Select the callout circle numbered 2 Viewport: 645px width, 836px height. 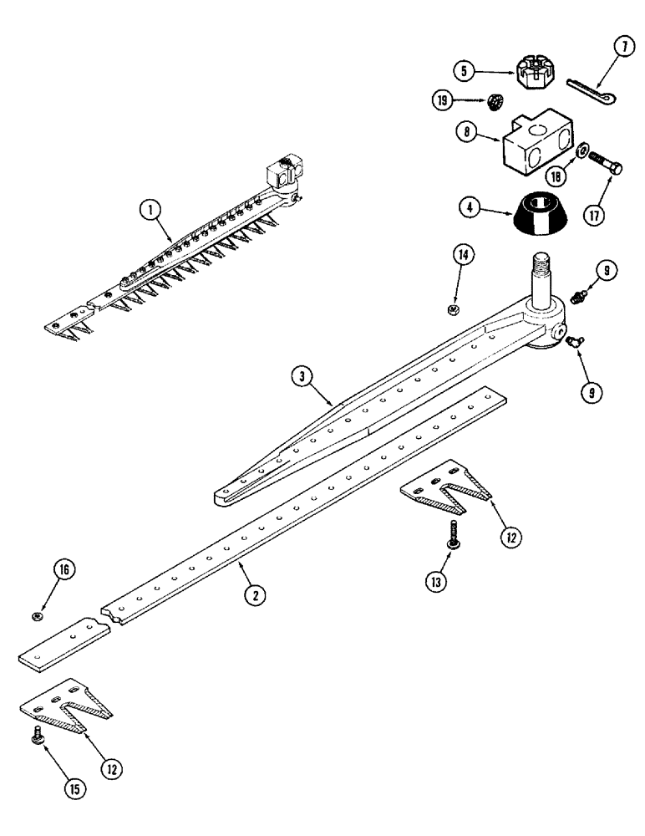(x=256, y=594)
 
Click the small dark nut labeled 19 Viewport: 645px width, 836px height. (x=495, y=103)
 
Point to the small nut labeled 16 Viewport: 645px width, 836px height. (x=38, y=617)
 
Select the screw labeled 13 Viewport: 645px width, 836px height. (x=451, y=534)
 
